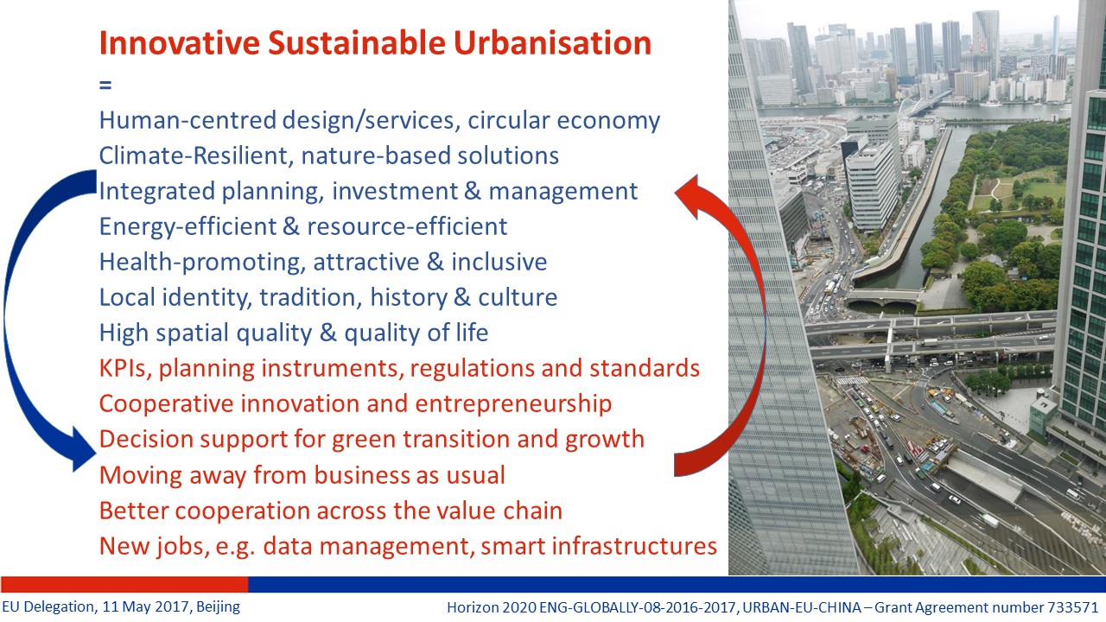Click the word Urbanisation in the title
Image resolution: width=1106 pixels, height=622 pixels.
(x=552, y=43)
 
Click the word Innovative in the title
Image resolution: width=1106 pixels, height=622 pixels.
(x=179, y=43)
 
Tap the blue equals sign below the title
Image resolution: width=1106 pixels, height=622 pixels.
(x=105, y=85)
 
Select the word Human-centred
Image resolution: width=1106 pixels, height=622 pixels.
(x=188, y=120)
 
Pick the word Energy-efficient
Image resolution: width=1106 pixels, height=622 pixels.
(x=188, y=227)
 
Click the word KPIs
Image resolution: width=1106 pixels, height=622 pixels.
(x=125, y=368)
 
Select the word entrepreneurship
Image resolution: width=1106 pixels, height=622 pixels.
(x=513, y=404)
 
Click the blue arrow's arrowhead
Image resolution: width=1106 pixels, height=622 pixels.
(x=83, y=449)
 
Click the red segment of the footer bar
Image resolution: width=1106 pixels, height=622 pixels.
(x=124, y=584)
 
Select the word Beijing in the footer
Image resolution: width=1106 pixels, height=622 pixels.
(x=219, y=606)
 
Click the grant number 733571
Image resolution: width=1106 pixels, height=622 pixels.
(x=1071, y=607)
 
